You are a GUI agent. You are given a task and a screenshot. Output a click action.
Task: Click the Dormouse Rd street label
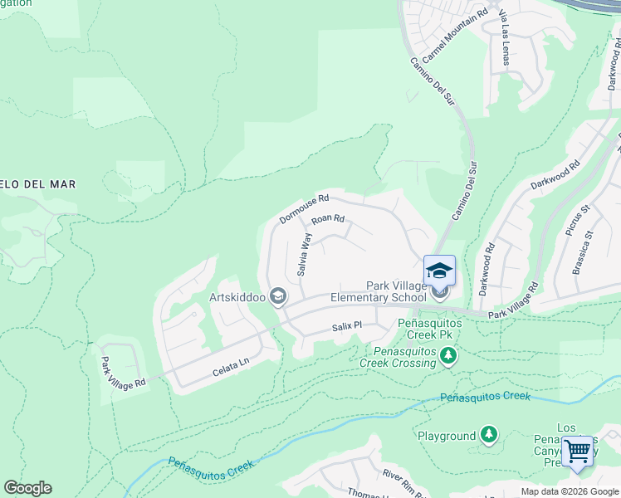[x=304, y=209]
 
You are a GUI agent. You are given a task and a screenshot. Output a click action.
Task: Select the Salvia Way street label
[x=306, y=254]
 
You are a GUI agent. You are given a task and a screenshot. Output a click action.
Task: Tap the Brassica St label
[x=584, y=247]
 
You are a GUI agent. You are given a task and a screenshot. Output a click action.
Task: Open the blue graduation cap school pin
[x=439, y=271]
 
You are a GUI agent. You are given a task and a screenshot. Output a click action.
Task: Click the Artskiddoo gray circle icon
[x=279, y=296]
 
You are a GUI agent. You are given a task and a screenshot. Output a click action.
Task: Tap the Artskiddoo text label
[x=239, y=296]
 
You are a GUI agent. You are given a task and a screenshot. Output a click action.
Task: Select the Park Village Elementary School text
[x=379, y=291]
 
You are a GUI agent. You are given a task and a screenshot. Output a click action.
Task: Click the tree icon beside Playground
[x=489, y=435]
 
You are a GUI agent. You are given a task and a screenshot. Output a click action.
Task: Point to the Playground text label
[x=447, y=436]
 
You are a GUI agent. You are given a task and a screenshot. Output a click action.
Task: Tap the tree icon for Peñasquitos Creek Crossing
[x=448, y=355]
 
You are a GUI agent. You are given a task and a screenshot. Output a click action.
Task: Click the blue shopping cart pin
[x=577, y=452]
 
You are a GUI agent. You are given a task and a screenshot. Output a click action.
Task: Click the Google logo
[x=27, y=488]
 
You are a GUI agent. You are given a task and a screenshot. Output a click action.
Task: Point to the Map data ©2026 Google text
[x=569, y=491]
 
